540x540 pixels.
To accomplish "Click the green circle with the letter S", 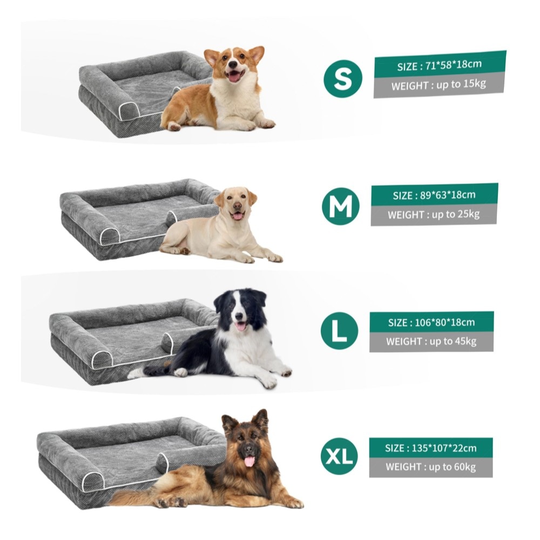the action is point(343,79).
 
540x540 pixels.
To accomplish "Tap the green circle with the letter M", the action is point(341,206).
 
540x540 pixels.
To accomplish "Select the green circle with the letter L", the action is point(339,330).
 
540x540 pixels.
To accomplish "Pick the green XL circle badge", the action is point(339,456).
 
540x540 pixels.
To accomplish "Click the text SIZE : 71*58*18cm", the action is point(440,65).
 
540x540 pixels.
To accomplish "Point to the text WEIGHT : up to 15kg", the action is point(438,84).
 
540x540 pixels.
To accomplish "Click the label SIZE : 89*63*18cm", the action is point(434,195).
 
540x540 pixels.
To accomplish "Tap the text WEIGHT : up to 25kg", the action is point(434,214).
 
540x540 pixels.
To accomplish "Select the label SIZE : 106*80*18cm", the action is point(431,323).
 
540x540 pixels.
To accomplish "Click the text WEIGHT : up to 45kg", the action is point(431,341).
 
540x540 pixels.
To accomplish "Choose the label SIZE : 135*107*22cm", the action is point(431,448).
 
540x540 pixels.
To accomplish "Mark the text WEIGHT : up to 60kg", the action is point(430,467).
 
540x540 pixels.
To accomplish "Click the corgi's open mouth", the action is point(235,76).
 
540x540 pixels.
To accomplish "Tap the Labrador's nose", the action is point(237,206).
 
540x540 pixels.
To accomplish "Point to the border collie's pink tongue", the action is point(240,326).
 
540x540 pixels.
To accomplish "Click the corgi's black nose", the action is point(233,64).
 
